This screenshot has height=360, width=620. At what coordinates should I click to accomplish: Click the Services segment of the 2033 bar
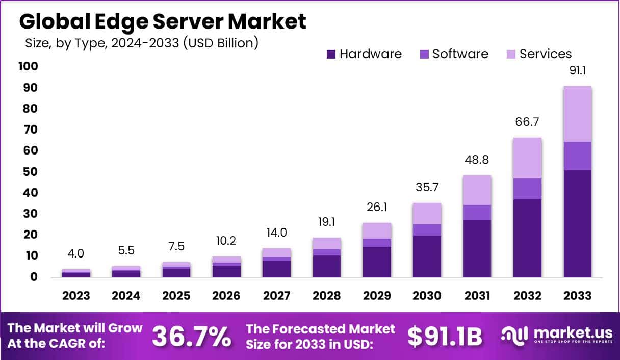click(x=578, y=114)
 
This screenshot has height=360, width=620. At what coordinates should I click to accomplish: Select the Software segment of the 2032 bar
click(x=528, y=189)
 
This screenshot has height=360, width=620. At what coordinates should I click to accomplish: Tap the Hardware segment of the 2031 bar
click(x=477, y=248)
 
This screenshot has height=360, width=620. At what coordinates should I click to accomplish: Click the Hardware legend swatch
click(x=331, y=54)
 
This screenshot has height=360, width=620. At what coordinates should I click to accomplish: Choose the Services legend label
click(x=546, y=54)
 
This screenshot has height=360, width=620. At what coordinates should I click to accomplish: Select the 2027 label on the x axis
click(x=276, y=296)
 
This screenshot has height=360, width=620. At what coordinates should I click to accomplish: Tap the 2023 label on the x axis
click(x=76, y=296)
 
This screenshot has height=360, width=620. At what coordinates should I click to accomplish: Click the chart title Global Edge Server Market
click(x=163, y=21)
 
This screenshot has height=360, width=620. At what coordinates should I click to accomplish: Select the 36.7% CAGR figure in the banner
click(x=191, y=336)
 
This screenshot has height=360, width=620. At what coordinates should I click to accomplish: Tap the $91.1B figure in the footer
click(x=445, y=336)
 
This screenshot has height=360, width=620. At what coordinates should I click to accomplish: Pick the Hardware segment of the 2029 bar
click(x=377, y=262)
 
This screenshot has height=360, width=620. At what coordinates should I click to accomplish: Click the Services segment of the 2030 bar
click(x=427, y=214)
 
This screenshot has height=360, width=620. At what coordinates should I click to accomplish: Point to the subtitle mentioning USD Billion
click(x=142, y=43)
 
